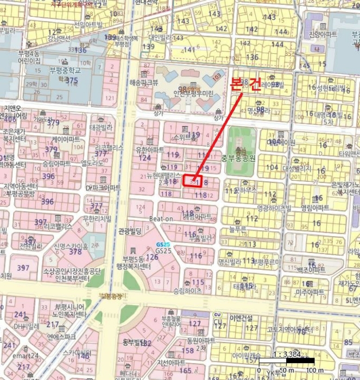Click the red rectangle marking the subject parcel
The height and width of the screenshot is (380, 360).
click(193, 180)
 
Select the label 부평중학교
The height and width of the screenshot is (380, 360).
click(65, 70)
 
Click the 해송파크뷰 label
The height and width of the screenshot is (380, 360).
click(143, 83)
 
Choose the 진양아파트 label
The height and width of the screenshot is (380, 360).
click(323, 35)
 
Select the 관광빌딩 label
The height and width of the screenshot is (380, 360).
click(130, 231)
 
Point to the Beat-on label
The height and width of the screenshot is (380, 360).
click(161, 219)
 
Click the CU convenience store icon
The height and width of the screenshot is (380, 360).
click(217, 314)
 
